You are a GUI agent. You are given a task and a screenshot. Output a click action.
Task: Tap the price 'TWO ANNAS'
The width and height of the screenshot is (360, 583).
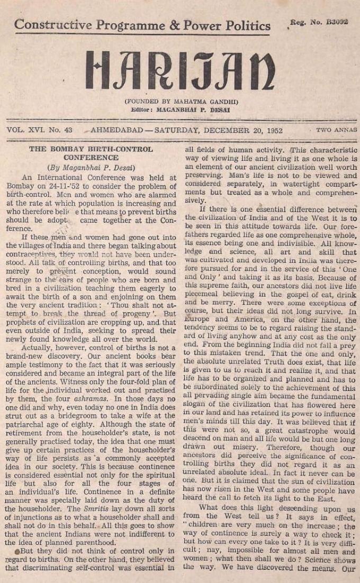[336, 130]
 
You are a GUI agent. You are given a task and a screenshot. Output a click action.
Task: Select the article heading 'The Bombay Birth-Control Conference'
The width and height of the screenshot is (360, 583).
[91, 153]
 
